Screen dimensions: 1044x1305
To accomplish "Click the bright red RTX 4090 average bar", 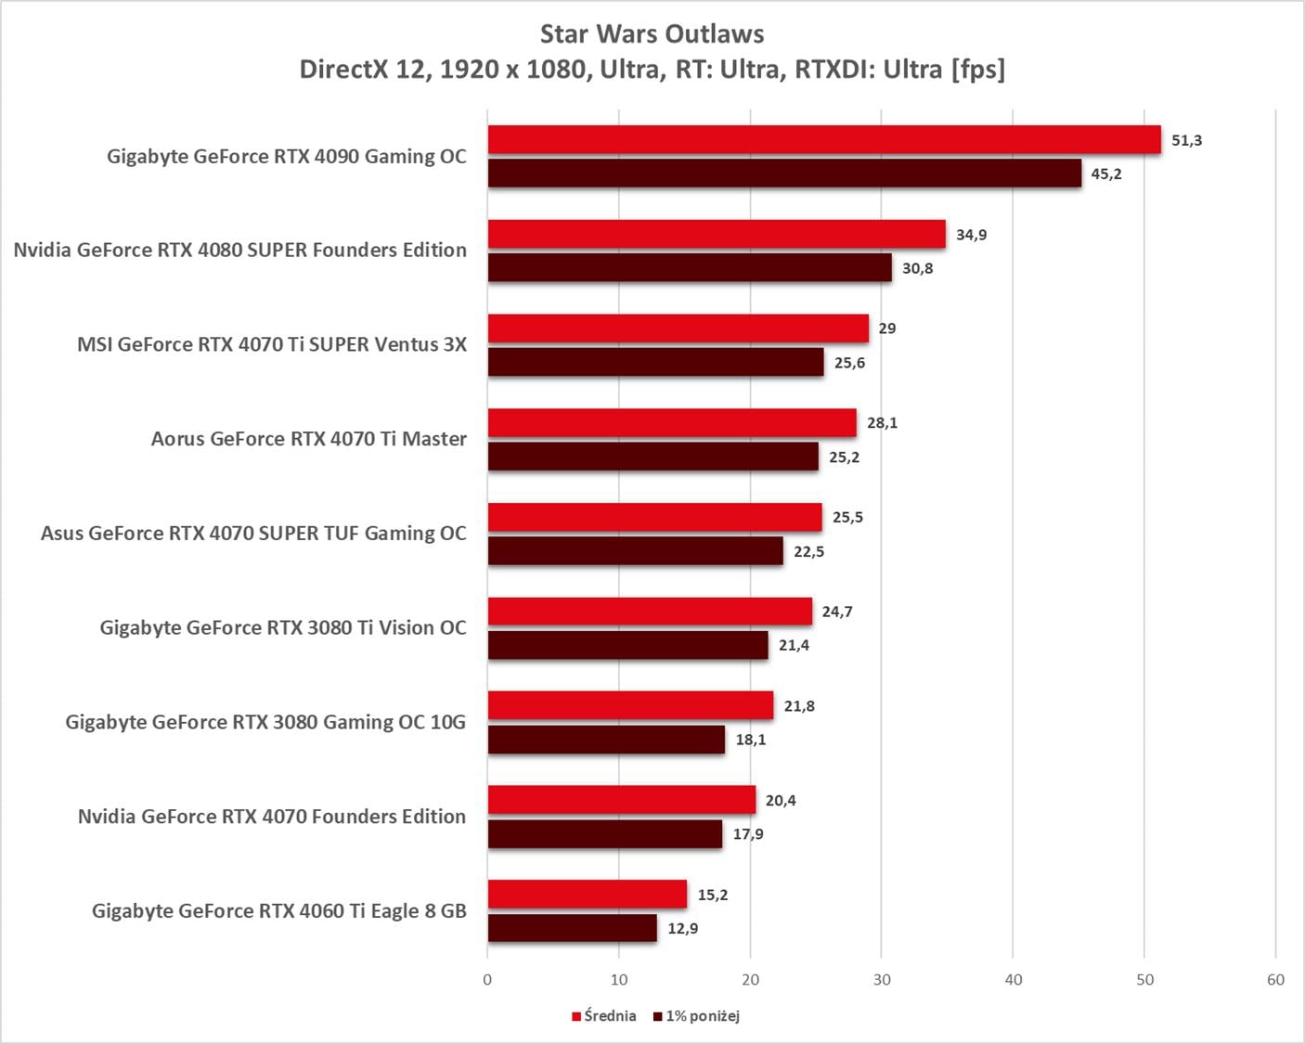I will coord(824,140).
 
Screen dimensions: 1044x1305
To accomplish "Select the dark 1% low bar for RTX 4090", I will coord(784,174).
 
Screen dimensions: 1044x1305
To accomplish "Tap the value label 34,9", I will coord(971,235).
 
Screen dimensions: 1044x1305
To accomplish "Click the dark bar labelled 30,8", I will coord(690,268).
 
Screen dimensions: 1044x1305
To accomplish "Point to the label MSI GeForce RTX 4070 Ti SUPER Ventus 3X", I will coord(272,344).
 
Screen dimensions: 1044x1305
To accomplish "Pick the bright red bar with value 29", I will coord(678,329).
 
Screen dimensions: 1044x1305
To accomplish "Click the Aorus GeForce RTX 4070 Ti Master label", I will coord(309,439).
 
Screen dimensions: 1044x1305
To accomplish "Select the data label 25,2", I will coord(844,458).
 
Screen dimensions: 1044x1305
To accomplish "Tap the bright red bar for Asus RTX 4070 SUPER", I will coord(654,518).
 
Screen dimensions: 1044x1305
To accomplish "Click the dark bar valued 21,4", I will coord(627,646).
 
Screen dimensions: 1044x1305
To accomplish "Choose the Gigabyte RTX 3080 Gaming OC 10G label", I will coord(265,722).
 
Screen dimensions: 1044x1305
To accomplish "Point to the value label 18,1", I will coord(751,740).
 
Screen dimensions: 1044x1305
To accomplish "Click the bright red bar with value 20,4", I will coord(622,800).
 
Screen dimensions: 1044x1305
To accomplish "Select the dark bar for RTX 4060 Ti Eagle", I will coord(572,928).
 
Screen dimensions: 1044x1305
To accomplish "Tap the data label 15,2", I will coord(713,895).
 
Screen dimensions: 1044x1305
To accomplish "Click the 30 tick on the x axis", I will coord(882,980).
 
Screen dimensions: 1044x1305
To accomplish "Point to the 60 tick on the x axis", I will coord(1275,980).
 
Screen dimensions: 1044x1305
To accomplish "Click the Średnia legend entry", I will coord(604,1016).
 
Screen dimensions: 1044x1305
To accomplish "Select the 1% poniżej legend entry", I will coord(697,1016).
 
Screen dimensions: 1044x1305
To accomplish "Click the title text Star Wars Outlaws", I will coord(652,34).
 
